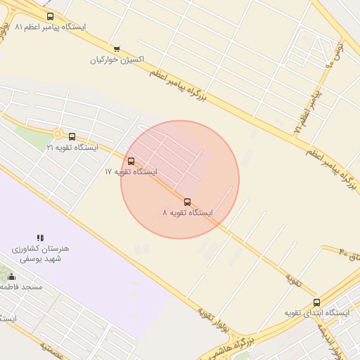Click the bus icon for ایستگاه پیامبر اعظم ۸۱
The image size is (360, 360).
(49, 16)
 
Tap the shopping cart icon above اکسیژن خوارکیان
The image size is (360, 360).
(117, 49)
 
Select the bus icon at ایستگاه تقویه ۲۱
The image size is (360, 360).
(72, 136)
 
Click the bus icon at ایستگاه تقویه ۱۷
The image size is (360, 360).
(131, 161)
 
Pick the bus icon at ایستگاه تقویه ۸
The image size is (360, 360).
(187, 202)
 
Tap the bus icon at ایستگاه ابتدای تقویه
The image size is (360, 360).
(316, 302)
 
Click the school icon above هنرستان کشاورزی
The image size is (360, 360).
(40, 238)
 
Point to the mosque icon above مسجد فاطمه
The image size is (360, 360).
(11, 277)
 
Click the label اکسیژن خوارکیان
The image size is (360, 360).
(117, 60)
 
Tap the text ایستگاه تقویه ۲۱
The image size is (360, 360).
(72, 148)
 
